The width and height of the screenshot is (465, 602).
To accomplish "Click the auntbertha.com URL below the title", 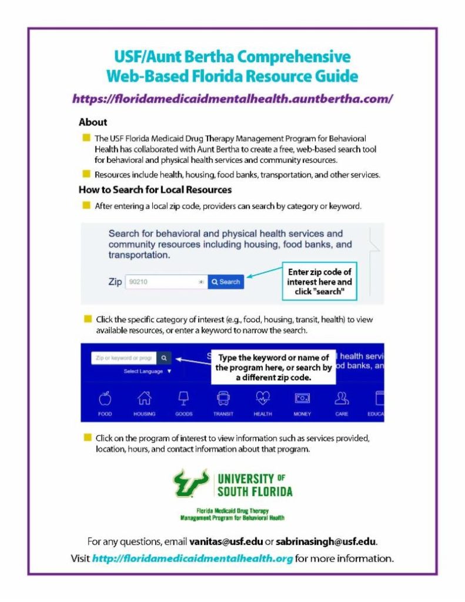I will [232, 99].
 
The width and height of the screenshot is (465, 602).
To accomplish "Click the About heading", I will [93, 122].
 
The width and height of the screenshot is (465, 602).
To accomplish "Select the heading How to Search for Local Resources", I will [155, 190].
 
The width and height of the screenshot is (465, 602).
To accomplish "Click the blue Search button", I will [226, 282].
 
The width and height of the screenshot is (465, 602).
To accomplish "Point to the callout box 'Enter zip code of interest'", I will [319, 282].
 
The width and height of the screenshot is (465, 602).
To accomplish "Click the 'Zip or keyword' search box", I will [123, 357].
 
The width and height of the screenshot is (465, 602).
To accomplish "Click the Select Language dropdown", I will [147, 372].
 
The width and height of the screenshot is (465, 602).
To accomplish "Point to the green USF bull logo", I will [191, 483].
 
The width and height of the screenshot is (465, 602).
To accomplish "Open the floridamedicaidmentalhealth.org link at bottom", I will [192, 558].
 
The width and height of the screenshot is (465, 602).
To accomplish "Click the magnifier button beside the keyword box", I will [164, 357].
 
